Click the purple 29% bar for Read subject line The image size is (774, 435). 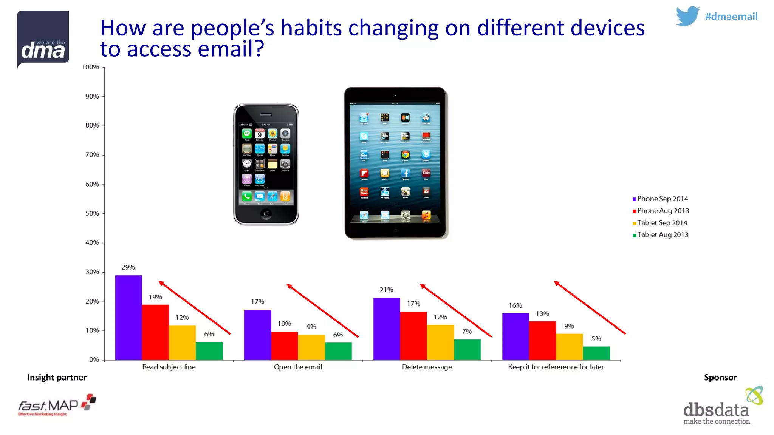128,317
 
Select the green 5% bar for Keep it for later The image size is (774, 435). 596,353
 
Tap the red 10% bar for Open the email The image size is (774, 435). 284,346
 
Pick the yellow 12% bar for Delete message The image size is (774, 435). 440,342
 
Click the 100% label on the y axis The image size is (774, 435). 90,67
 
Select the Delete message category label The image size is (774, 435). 427,367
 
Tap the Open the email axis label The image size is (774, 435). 298,367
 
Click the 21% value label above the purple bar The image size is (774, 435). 386,290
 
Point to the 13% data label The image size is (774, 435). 542,314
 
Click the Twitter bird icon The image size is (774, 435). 687,16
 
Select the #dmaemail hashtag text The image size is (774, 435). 731,17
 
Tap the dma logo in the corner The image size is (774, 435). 43,39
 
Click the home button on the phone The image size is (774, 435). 266,214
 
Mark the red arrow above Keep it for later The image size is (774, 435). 590,308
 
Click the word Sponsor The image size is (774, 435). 720,378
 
